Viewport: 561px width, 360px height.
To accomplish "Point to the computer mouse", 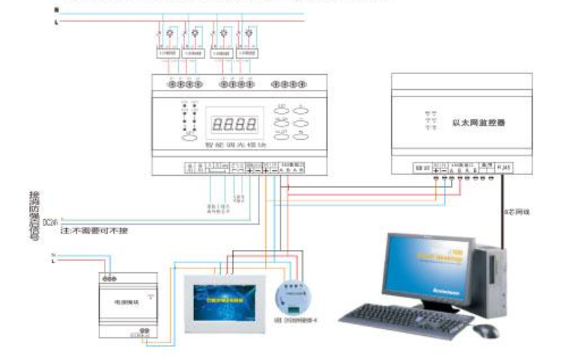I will point(486,330).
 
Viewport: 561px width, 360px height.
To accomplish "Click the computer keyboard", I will point(406,317).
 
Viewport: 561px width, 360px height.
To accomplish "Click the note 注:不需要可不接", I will point(94,231).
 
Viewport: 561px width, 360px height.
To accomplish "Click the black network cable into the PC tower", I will point(503,217).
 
